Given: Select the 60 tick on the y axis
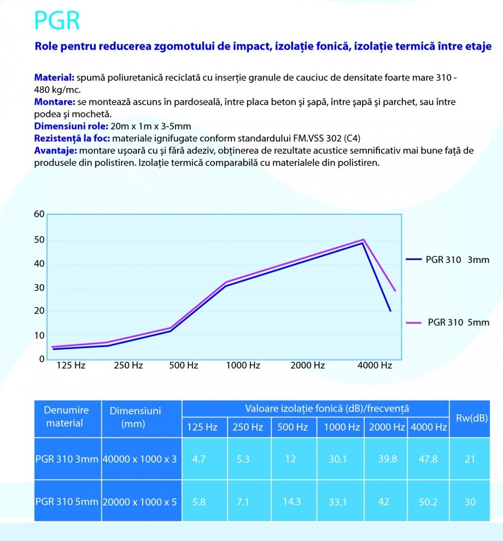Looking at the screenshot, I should pos(39,214).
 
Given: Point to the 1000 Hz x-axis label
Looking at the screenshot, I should pos(243,366).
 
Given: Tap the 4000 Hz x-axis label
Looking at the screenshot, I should pos(375,366).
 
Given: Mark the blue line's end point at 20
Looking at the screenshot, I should pos(390,311).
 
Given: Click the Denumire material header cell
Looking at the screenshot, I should pos(66,416).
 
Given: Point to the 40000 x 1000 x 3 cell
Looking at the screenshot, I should pos(141,459).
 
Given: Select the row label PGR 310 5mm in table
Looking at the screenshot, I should pos(67,502).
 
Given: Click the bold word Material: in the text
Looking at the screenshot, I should pos(54,79).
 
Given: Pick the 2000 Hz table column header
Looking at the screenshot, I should pos(387,427).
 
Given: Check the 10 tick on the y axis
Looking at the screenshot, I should pos(39,335).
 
